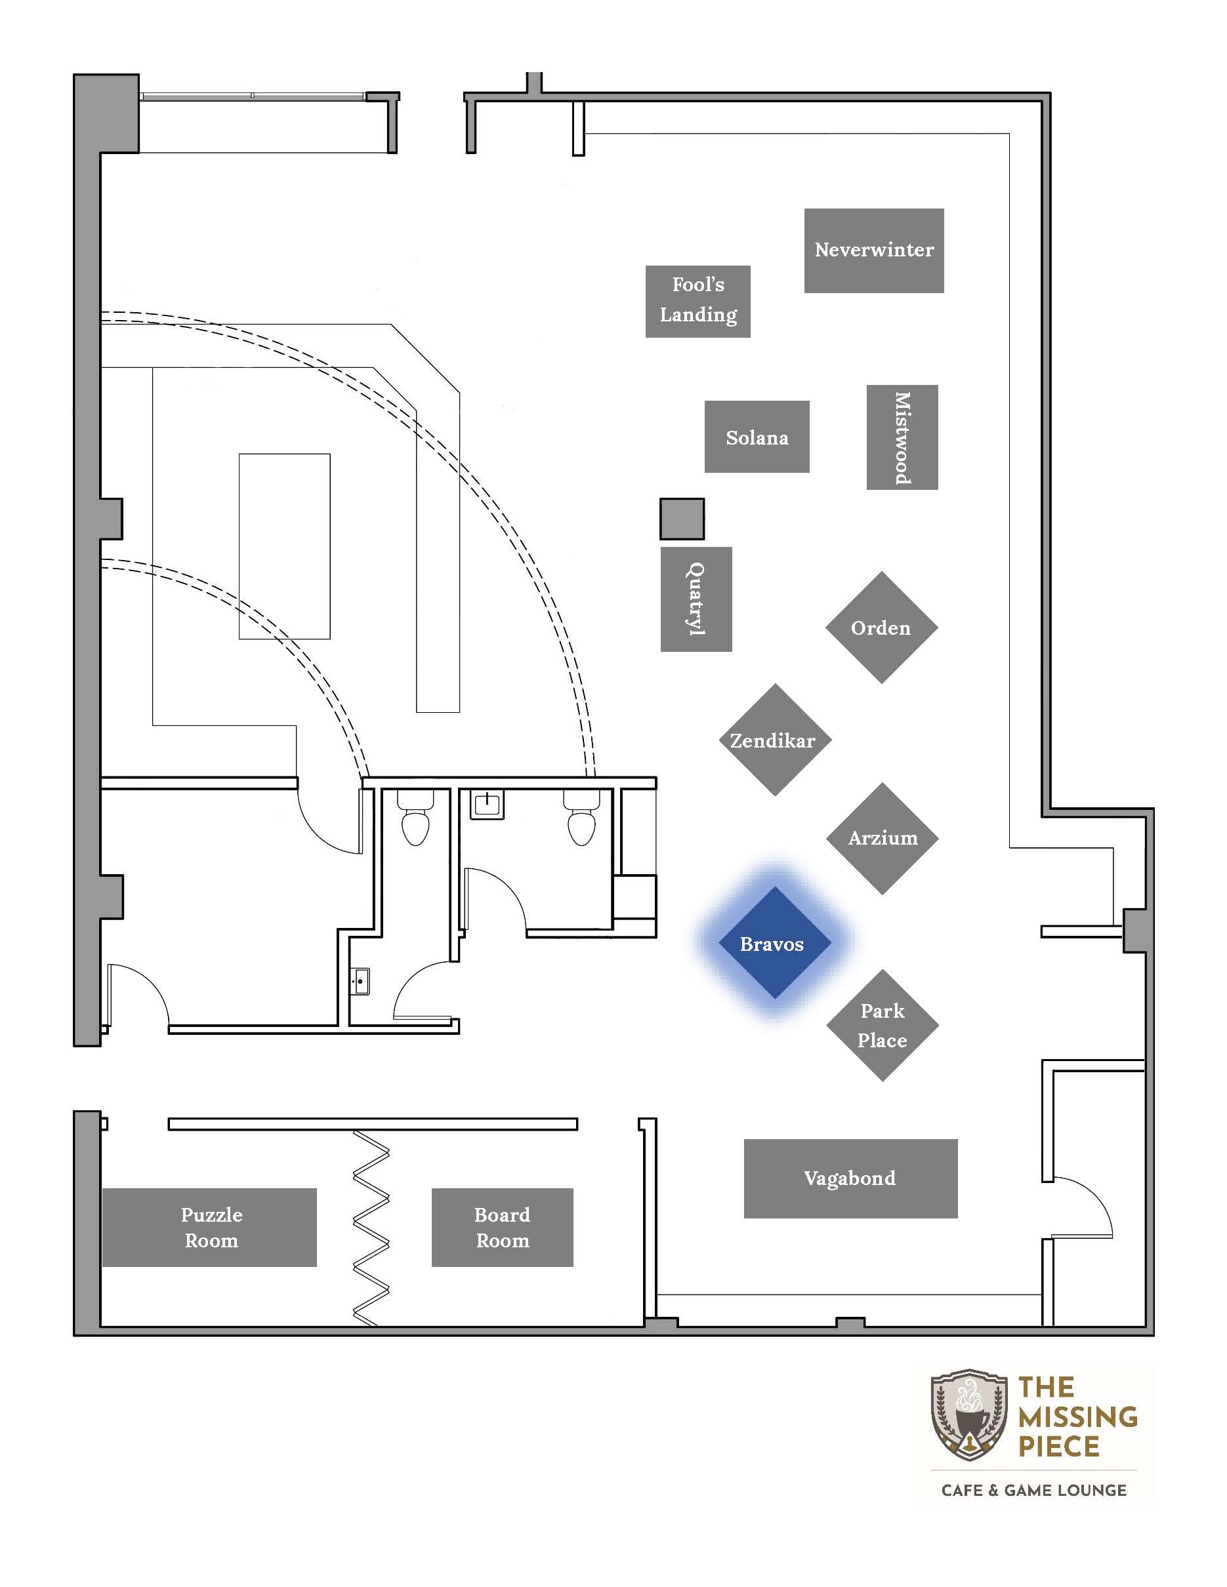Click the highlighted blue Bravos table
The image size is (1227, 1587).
[775, 942]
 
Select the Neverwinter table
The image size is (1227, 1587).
[874, 251]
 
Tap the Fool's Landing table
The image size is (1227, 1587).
[698, 301]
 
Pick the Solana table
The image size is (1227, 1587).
[757, 437]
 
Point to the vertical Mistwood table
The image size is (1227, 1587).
[902, 437]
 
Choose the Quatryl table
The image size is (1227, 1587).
[696, 599]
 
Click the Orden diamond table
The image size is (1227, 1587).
[882, 627]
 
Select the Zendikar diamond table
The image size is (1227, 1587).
[775, 740]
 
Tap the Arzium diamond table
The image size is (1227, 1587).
[883, 839]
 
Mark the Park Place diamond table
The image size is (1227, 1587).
[883, 1025]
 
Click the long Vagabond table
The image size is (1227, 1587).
[850, 1178]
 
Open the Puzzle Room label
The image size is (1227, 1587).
[211, 1228]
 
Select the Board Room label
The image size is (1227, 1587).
[503, 1228]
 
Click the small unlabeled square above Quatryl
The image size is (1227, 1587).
[682, 519]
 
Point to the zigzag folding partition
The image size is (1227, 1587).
[371, 1228]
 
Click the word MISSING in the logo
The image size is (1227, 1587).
[1078, 1416]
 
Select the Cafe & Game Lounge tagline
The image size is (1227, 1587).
[1033, 1491]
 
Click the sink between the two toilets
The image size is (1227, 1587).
[486, 805]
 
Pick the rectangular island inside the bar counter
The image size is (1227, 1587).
[285, 546]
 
